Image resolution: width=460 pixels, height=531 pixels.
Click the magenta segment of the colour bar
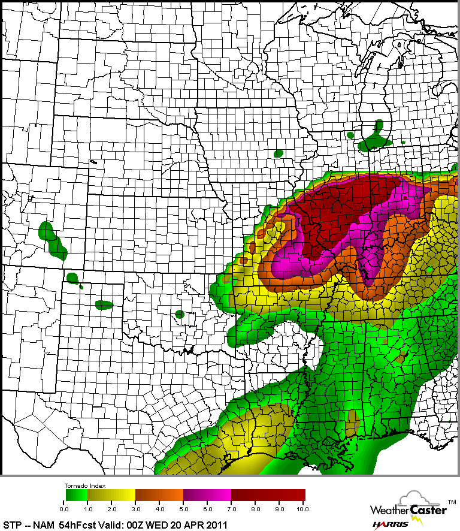tap(208, 494)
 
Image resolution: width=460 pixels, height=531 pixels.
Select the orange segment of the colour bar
tap(160, 494)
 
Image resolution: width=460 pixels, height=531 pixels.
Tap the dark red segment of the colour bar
tap(268, 494)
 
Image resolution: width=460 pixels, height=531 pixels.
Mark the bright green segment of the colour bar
tap(76, 494)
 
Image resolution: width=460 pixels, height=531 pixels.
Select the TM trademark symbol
tap(452, 500)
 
